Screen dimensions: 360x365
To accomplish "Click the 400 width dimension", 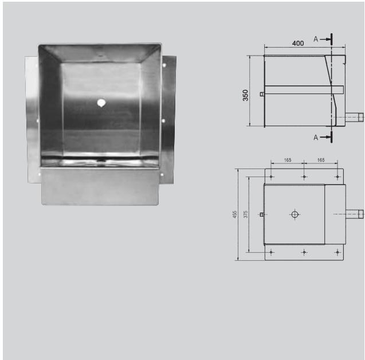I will [298, 44].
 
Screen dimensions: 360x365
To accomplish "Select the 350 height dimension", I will [246, 95].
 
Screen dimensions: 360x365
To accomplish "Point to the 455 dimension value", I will [234, 214].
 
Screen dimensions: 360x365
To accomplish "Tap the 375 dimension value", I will [245, 214].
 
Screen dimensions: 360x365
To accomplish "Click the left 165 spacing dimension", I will [288, 161].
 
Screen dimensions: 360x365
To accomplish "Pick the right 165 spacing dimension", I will [320, 161].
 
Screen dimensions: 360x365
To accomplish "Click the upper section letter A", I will [316, 39].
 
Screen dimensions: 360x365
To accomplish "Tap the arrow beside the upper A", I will [325, 39].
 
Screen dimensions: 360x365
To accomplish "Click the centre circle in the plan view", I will [295, 214].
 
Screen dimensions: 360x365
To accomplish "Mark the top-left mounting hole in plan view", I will [271, 177].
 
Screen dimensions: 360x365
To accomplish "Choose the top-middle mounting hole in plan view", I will [304, 177].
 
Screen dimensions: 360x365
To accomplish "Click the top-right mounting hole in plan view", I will [337, 177].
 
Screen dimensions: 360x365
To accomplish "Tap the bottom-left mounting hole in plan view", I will [271, 252].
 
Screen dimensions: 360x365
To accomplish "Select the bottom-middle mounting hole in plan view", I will [304, 252].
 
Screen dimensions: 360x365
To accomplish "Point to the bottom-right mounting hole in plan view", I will [337, 252].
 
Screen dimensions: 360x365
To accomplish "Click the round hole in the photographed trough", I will [101, 103].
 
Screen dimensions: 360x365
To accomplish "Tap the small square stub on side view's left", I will [262, 94].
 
